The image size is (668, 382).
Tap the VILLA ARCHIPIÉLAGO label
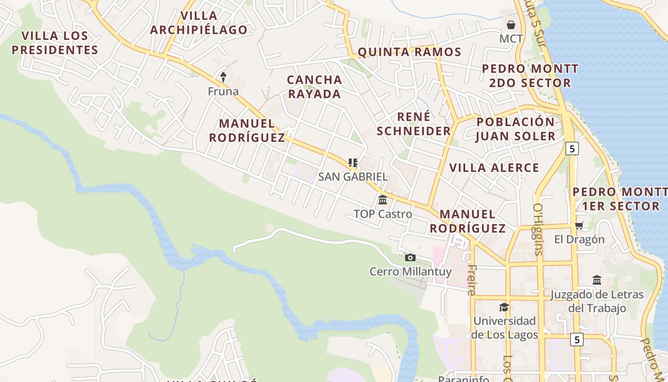tap(199, 22)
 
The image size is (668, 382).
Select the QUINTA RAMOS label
tap(409, 52)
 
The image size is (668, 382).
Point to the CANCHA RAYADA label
tap(314, 86)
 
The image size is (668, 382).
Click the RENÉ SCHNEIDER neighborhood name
tap(414, 123)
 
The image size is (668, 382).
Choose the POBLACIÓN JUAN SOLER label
tap(516, 128)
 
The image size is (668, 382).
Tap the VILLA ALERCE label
tap(494, 168)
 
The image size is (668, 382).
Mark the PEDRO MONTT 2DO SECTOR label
tap(530, 75)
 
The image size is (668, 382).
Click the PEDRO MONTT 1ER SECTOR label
tap(620, 199)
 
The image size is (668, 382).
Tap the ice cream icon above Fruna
tap(223, 76)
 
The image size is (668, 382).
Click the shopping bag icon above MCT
tap(511, 24)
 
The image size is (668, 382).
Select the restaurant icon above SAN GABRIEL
tap(353, 163)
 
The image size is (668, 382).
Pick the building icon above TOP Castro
tap(383, 200)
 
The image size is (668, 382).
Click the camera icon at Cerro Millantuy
tap(410, 258)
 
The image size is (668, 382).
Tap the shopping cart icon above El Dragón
tap(579, 225)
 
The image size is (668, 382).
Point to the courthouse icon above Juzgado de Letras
tap(597, 280)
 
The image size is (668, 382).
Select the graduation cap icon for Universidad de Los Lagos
tap(504, 307)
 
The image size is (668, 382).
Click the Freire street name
tap(472, 280)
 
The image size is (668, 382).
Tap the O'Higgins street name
tap(538, 229)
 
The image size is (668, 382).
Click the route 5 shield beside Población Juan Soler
tap(572, 149)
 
